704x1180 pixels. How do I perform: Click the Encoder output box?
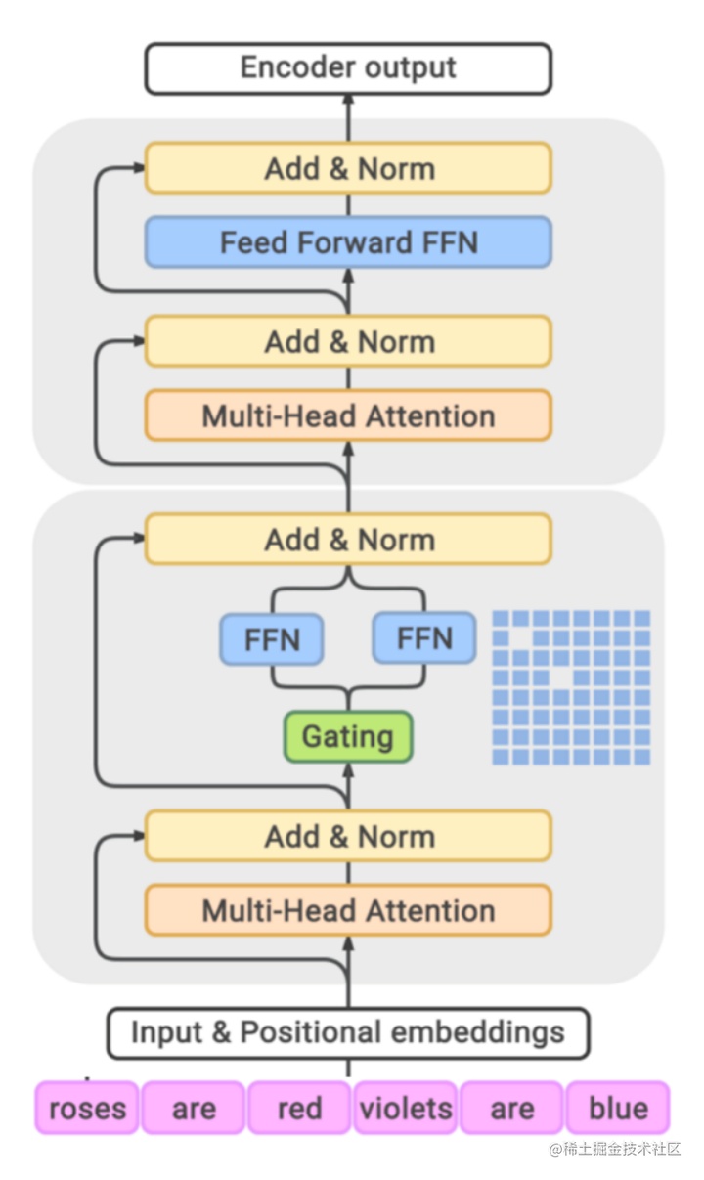coord(348,68)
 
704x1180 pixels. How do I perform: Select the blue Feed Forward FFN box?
coord(348,242)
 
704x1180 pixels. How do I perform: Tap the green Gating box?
coord(348,737)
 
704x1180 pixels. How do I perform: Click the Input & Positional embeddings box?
coord(348,1033)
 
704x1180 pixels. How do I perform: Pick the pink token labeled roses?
coord(87,1108)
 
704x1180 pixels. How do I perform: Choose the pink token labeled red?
coord(299,1108)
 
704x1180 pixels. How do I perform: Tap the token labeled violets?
coord(406,1108)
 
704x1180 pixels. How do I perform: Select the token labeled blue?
coord(618,1108)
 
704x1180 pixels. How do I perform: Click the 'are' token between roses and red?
coord(194,1108)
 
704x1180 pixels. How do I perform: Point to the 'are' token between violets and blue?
coord(511,1108)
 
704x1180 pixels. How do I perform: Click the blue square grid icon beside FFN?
coord(571,687)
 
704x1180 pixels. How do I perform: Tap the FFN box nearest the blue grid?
coord(424,639)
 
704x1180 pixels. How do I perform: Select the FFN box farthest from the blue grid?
coord(272,640)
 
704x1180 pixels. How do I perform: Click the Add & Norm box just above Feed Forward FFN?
coord(348,168)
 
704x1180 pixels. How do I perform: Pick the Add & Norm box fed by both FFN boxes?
coord(348,540)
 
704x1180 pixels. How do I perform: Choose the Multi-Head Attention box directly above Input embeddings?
coord(348,910)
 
